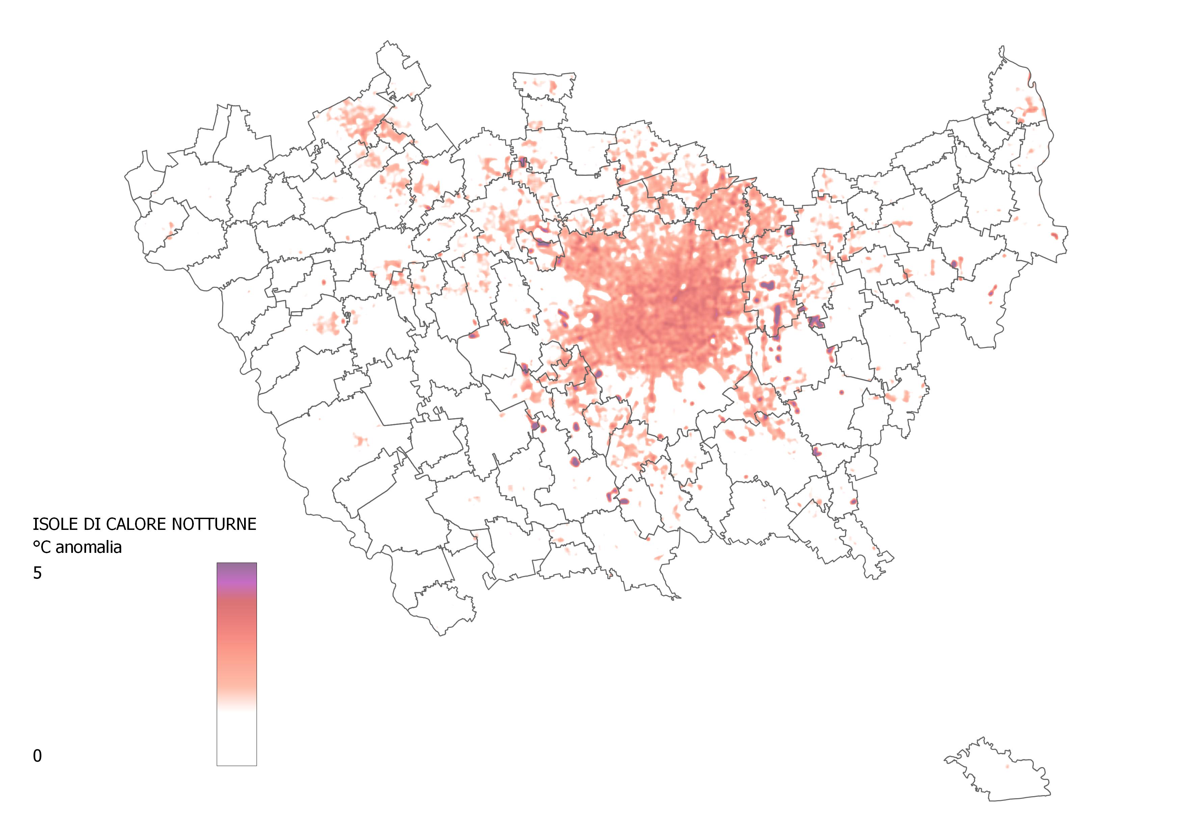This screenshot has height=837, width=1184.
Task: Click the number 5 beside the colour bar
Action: [37, 573]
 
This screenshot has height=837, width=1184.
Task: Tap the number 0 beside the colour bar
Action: [37, 756]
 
